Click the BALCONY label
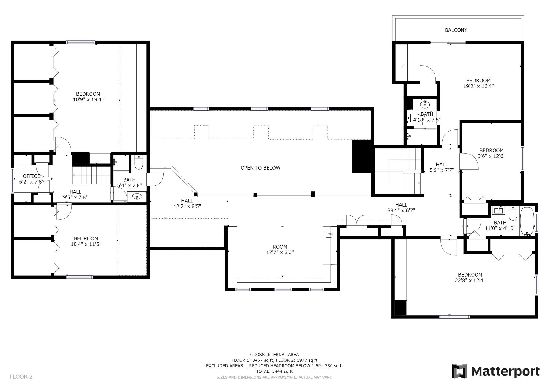[456, 30]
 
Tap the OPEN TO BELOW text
[260, 168]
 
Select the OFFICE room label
[31, 176]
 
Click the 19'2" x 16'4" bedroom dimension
[478, 86]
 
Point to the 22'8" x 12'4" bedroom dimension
[470, 281]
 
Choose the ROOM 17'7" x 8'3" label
[280, 249]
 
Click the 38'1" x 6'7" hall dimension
[401, 211]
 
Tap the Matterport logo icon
[459, 371]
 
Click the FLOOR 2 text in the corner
[21, 377]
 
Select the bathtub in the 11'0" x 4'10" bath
[527, 221]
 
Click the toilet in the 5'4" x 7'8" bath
[139, 162]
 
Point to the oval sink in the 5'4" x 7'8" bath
[137, 196]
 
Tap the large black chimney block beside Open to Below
[361, 156]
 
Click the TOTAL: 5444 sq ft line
[274, 371]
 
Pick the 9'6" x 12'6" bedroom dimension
[492, 156]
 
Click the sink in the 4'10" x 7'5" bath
[425, 104]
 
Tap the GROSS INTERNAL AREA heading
[274, 355]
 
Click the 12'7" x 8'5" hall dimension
[187, 206]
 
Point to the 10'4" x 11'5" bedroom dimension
[86, 244]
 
